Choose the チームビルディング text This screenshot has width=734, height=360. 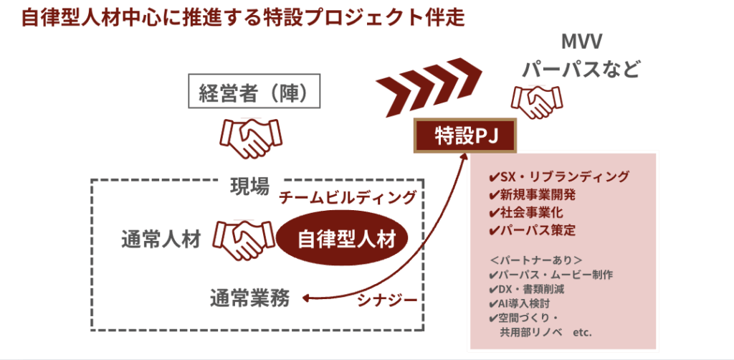point(348,197)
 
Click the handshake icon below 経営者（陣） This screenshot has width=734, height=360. point(250,138)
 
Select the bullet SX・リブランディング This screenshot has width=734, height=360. point(558,176)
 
